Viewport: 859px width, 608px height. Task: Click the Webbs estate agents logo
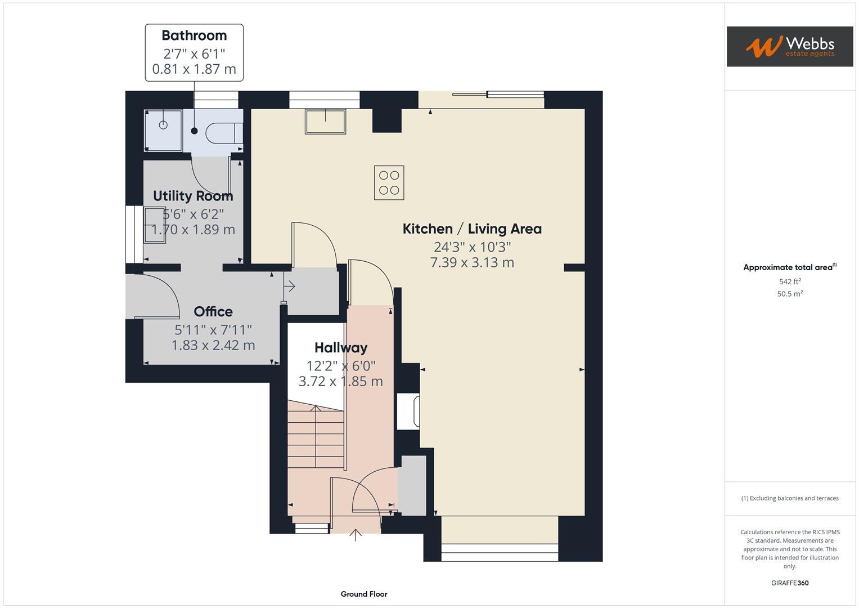789,46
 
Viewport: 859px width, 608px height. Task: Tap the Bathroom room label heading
194,35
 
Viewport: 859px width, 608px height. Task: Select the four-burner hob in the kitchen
389,182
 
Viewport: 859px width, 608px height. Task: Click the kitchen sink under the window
325,122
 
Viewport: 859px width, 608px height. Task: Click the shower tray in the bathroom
163,130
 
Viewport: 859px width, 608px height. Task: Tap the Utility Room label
193,196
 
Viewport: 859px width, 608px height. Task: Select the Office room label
213,311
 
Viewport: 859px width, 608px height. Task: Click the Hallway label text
340,347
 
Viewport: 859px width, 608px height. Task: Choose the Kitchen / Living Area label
472,229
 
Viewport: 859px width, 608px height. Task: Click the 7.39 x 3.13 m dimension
472,262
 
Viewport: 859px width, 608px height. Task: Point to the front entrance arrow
356,534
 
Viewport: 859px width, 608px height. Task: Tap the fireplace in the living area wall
409,411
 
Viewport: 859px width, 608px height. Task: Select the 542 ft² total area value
790,281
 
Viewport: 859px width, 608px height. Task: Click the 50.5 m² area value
790,294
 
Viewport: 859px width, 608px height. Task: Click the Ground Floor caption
364,594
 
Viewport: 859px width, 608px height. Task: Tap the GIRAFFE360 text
790,583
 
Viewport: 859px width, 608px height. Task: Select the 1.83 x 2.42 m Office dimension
213,345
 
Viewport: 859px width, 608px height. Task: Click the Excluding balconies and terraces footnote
790,498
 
